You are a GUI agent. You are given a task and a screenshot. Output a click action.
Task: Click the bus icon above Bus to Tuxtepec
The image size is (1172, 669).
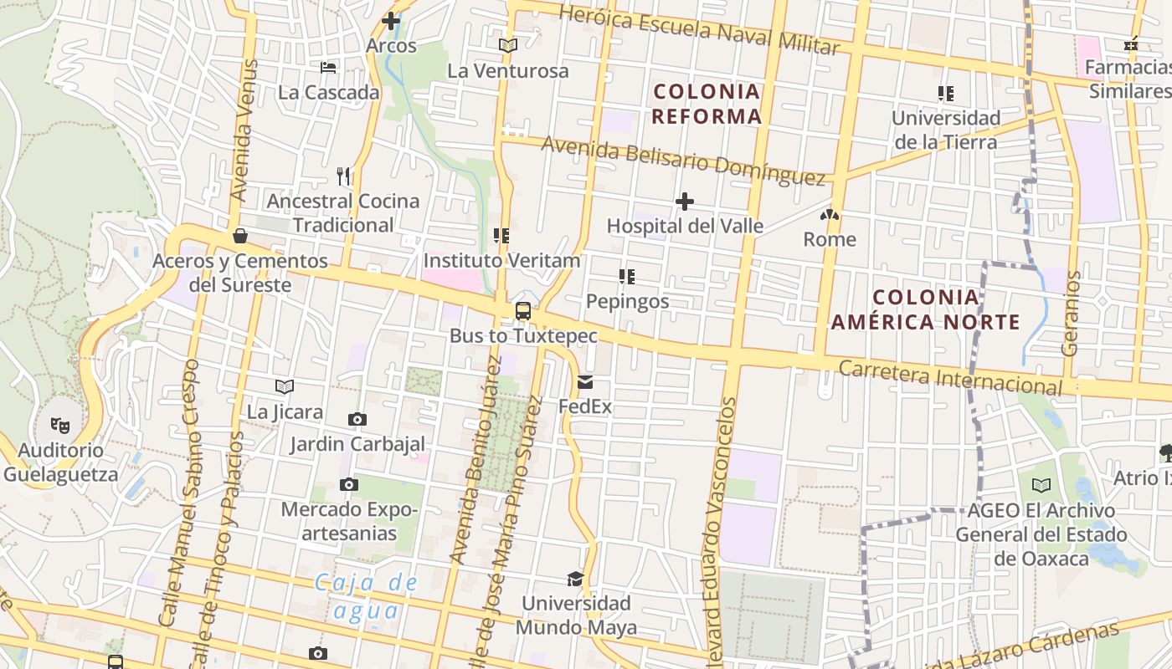pos(523,311)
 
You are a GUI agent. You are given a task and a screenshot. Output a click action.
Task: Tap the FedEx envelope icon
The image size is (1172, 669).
pos(585,382)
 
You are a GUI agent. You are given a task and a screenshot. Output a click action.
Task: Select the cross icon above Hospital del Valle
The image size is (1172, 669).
pos(685,202)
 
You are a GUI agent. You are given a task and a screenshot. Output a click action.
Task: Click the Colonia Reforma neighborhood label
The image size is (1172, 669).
pos(707,104)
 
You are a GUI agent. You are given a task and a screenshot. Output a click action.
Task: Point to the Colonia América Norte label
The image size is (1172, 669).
pos(925,309)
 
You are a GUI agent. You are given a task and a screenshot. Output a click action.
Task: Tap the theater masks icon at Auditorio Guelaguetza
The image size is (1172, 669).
pos(60,425)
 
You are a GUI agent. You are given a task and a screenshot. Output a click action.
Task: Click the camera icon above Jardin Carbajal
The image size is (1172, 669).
pos(357,419)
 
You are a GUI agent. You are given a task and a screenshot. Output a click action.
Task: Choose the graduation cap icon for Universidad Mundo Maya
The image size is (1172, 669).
pos(575,579)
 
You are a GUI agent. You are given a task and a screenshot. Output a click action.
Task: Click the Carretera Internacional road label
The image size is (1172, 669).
pos(950,378)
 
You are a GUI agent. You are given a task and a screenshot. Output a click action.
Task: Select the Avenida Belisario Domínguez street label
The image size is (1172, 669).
pos(683,160)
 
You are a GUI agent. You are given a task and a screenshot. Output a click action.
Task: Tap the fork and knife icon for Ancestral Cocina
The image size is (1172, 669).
pos(343,176)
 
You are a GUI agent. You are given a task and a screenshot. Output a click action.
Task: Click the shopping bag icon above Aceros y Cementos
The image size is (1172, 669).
pos(240,236)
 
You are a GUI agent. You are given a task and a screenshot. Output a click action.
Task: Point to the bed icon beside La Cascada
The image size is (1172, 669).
pos(328,67)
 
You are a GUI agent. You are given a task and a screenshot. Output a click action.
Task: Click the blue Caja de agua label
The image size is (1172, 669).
pos(366,595)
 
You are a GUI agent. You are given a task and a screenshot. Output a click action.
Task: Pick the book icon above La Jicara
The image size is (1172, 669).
pos(285,386)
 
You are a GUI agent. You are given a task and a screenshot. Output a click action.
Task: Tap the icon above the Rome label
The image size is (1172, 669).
pos(830,215)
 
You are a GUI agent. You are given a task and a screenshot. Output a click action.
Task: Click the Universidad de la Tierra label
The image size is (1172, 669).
pos(946,130)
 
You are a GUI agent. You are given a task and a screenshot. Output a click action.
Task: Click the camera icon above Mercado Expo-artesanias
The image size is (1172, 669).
pos(349,484)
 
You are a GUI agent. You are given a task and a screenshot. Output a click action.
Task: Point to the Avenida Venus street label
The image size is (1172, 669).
pos(241,130)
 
